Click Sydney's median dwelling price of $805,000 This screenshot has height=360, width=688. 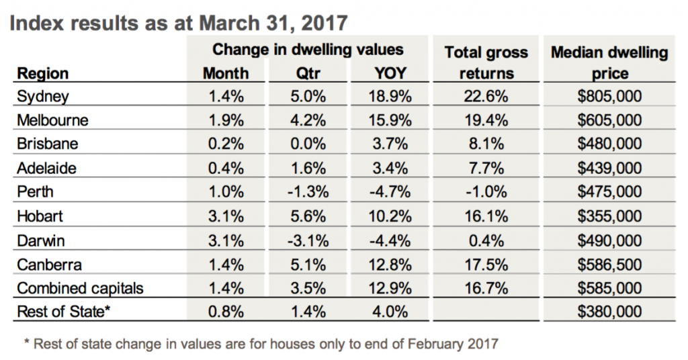point(609,97)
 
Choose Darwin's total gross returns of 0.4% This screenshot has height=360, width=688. point(486,240)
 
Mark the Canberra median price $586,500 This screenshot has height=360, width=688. point(609,263)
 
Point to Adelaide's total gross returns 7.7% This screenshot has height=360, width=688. point(486,168)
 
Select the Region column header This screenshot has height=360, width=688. point(42,73)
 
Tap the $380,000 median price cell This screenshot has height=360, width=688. point(609,311)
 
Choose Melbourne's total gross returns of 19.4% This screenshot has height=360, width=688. point(486,120)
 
